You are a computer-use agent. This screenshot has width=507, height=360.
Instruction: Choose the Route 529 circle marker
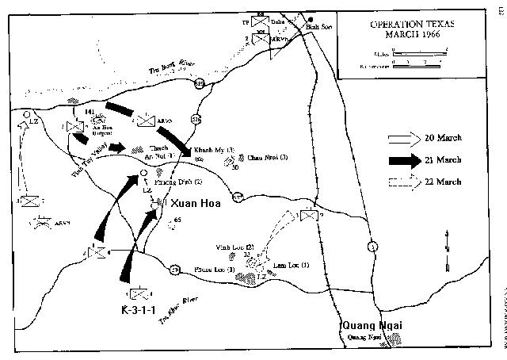click(200, 84)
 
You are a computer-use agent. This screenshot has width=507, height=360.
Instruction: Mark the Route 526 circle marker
click(196, 120)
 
